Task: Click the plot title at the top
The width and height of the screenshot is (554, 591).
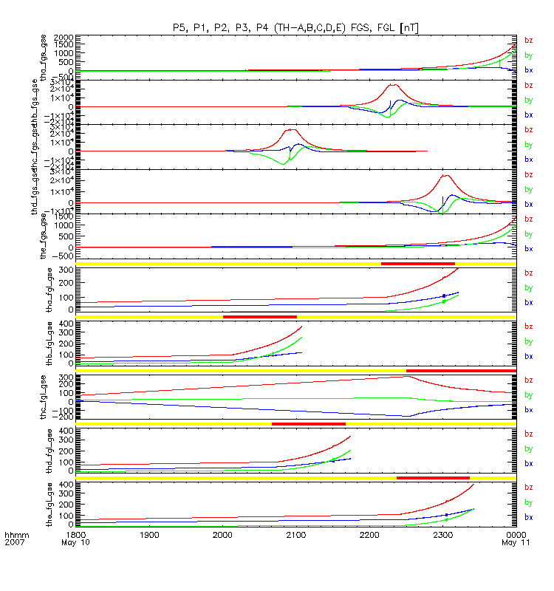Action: pyautogui.click(x=295, y=27)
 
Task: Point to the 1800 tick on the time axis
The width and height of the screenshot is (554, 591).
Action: pyautogui.click(x=75, y=533)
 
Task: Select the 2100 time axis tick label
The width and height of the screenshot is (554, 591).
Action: pyautogui.click(x=295, y=533)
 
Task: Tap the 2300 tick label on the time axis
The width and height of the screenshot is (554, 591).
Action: pyautogui.click(x=442, y=533)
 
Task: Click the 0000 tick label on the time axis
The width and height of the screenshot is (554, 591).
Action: pyautogui.click(x=516, y=533)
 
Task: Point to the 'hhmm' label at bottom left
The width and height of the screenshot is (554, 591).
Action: pyautogui.click(x=16, y=533)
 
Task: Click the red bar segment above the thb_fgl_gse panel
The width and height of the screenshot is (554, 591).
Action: pyautogui.click(x=259, y=316)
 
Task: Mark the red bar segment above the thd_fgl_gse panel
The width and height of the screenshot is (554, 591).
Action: pyautogui.click(x=308, y=423)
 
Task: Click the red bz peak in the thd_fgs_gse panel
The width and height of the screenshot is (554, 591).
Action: pyautogui.click(x=445, y=176)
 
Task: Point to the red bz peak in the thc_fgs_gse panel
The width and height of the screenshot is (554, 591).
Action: pyautogui.click(x=290, y=130)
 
